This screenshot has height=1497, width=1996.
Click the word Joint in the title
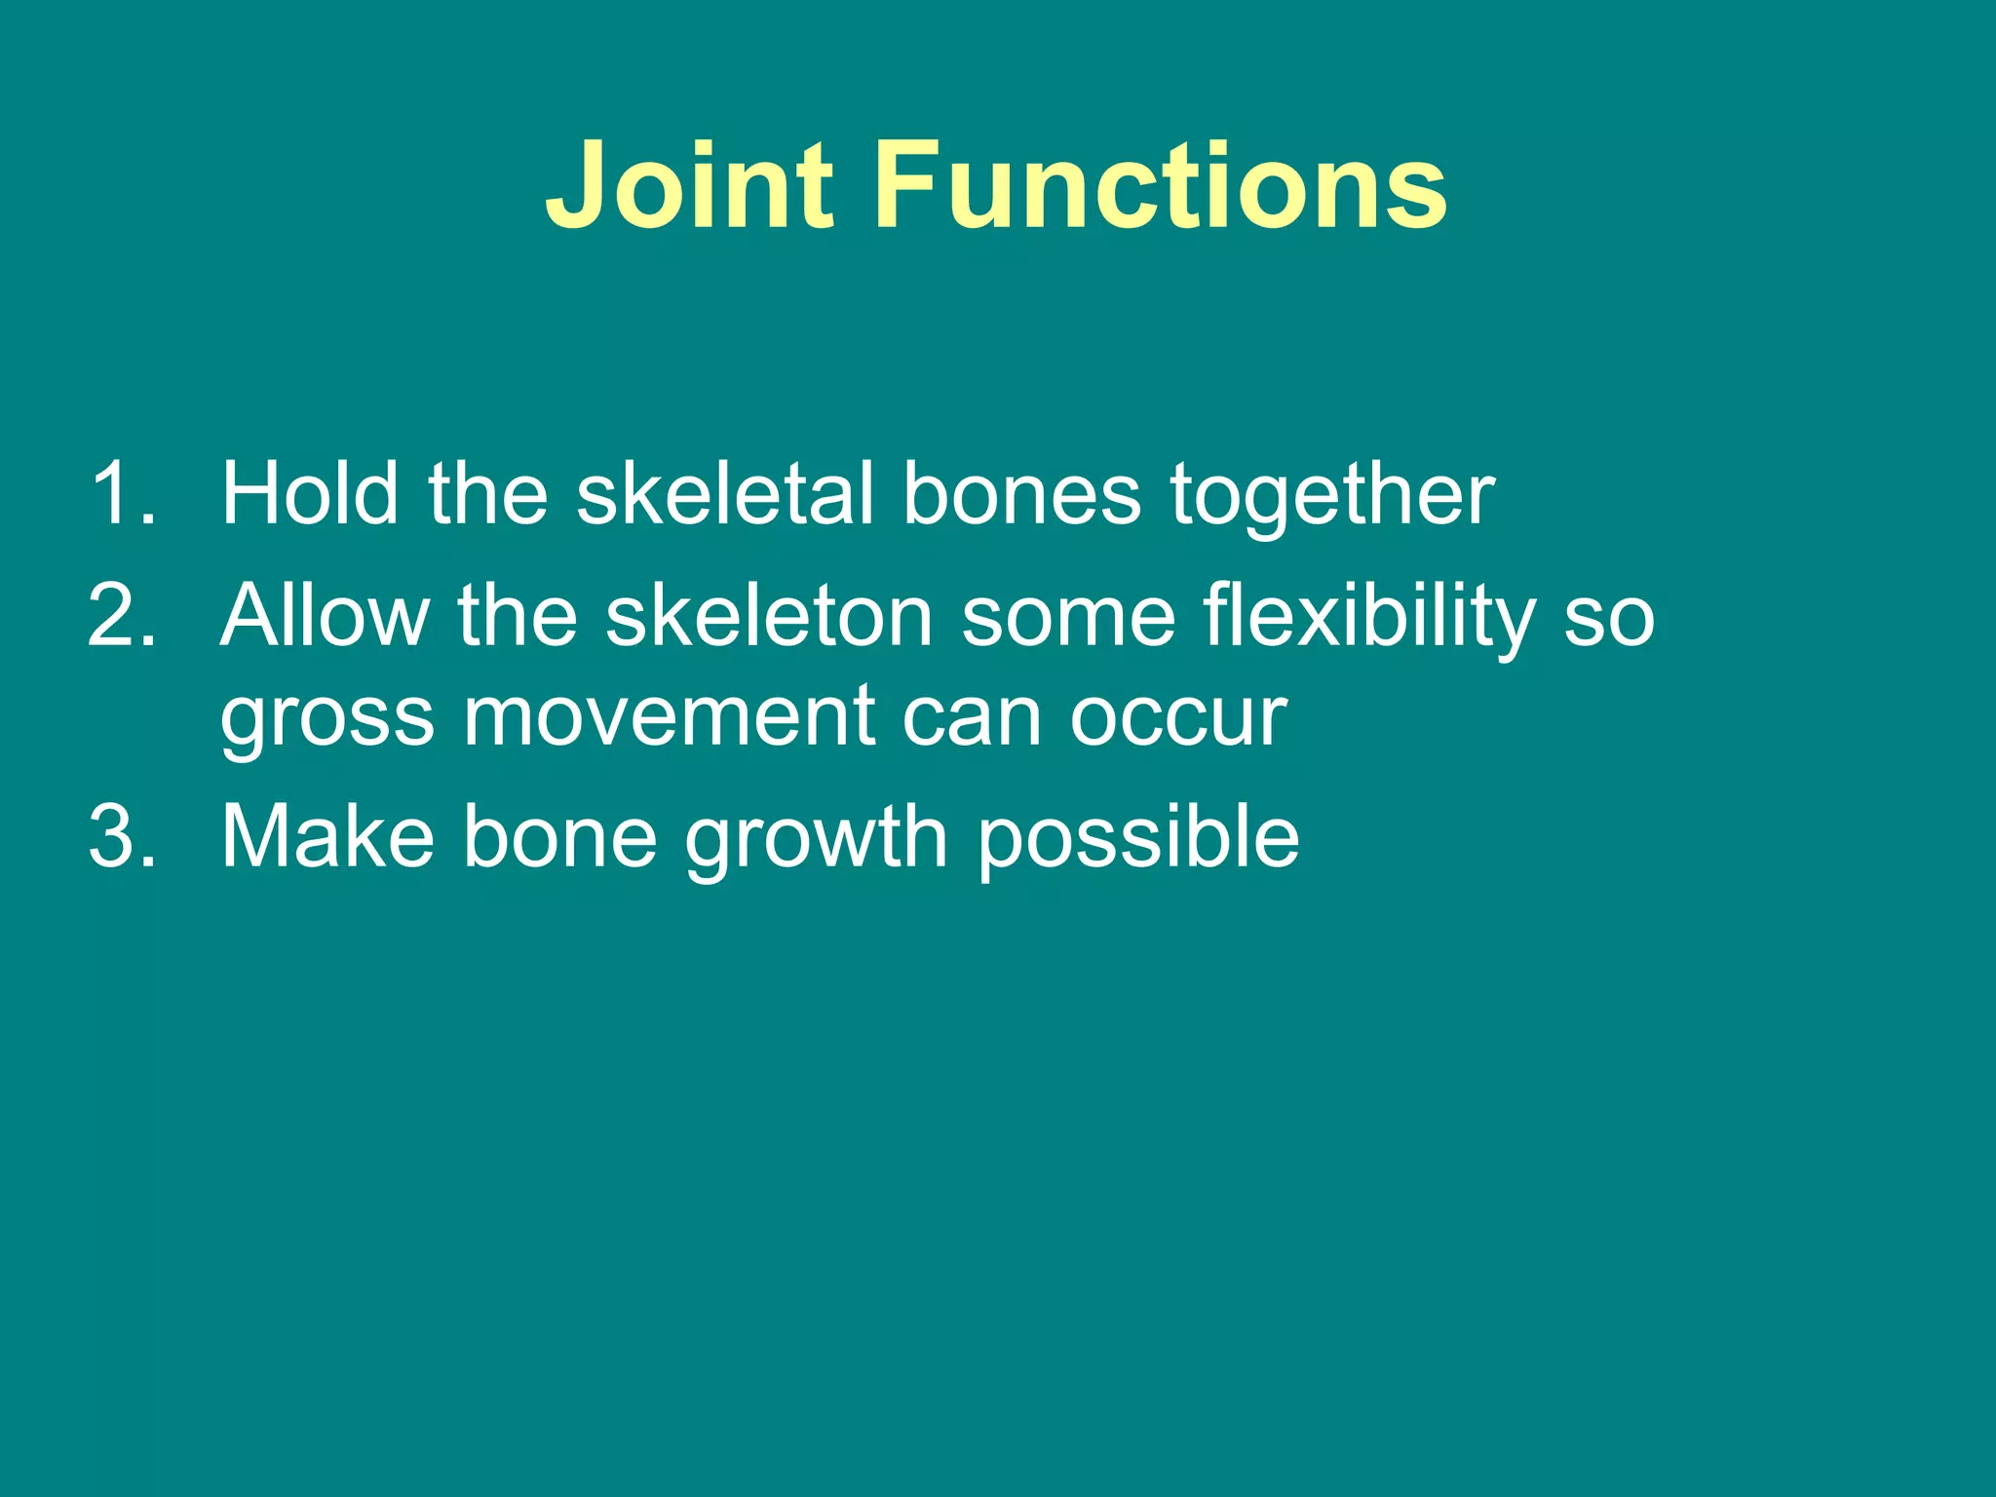click(690, 185)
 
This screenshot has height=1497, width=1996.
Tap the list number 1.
click(121, 494)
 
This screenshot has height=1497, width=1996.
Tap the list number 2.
click(121, 616)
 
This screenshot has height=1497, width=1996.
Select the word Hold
click(310, 494)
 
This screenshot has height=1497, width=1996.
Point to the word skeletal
click(723, 494)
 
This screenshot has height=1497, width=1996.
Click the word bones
click(1020, 494)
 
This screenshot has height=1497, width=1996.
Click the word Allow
click(325, 616)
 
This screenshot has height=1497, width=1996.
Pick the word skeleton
click(769, 616)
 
